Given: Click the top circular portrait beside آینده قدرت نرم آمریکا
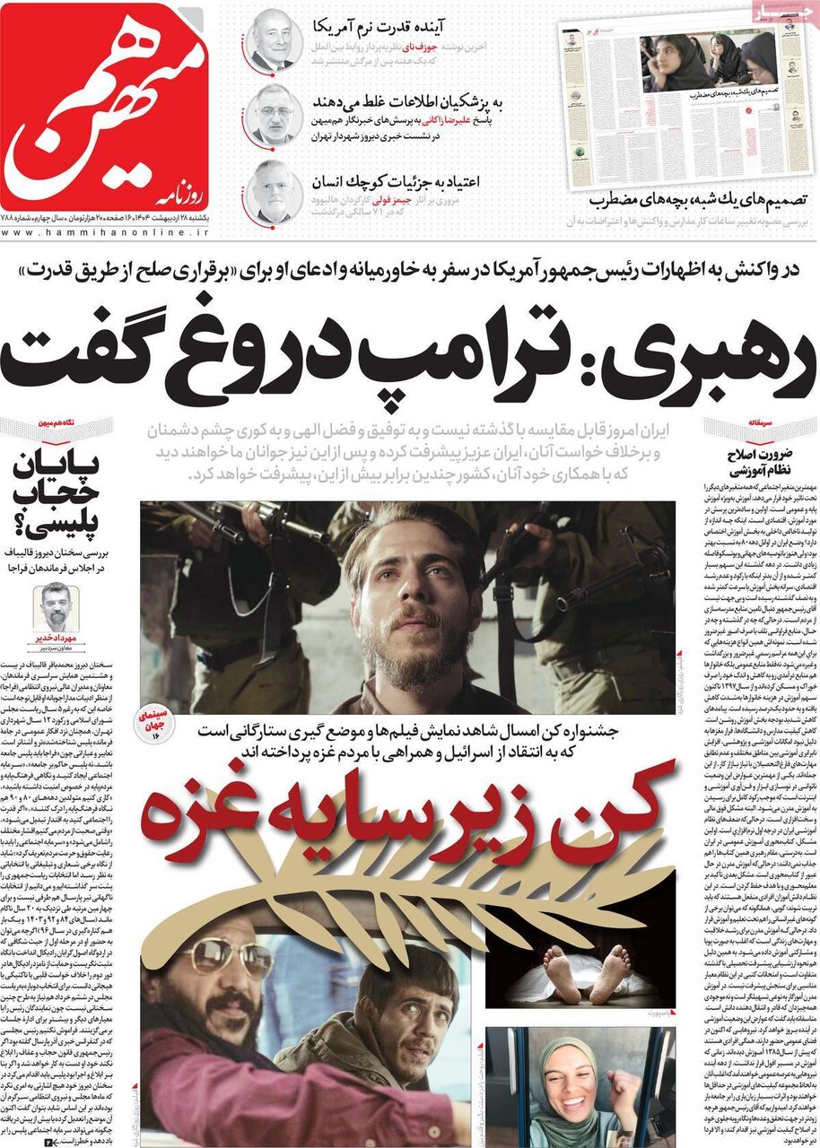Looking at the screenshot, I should point(275,39).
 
